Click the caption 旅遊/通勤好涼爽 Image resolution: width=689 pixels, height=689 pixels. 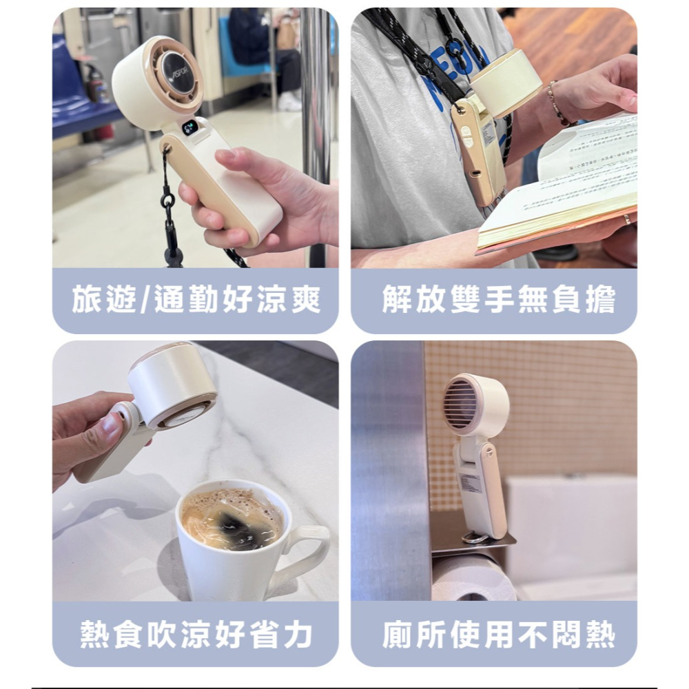click(x=196, y=301)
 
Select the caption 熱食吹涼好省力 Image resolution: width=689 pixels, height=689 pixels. click(x=196, y=635)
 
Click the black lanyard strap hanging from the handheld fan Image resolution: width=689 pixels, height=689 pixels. click(x=168, y=207)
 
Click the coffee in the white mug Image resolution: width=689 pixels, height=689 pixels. click(x=232, y=519)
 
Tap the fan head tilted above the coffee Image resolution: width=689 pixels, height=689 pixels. click(x=172, y=386)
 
